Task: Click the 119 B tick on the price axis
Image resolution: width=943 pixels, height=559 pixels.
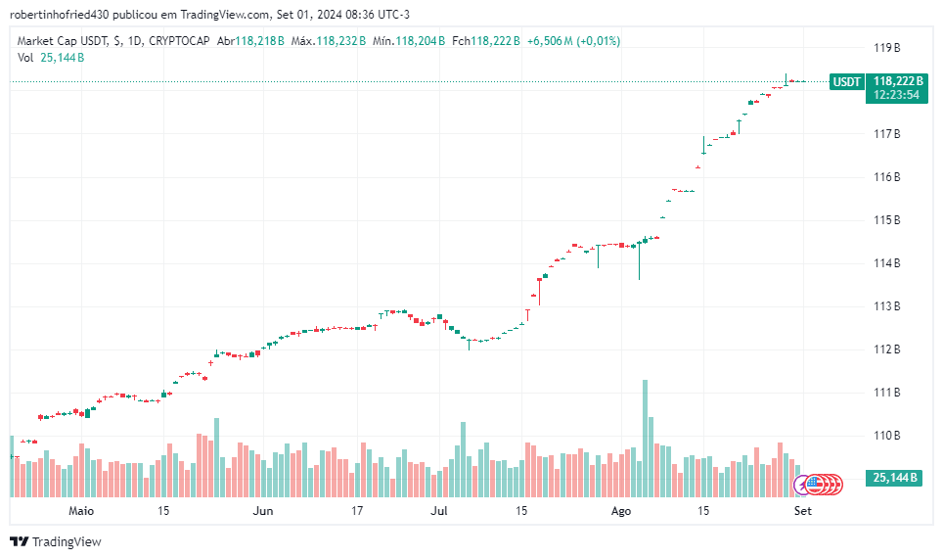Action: (886, 47)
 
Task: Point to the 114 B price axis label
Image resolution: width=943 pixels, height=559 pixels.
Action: (886, 262)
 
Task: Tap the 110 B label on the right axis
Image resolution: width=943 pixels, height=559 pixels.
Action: (886, 435)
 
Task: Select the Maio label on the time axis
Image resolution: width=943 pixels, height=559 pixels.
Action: (81, 510)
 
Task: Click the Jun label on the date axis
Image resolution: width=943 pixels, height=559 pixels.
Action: (262, 510)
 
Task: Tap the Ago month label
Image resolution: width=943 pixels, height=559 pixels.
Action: (620, 510)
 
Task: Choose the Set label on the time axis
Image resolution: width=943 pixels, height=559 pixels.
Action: (802, 510)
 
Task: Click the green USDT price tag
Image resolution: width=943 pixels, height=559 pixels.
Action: (846, 81)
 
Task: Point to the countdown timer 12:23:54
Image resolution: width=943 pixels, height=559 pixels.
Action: (897, 95)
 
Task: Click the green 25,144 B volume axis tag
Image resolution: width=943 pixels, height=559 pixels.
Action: (894, 478)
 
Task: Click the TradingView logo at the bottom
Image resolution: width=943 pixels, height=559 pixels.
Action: (56, 541)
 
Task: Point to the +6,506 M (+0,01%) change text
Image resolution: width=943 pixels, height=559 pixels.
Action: (573, 41)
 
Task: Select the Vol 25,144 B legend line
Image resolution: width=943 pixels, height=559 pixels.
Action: (51, 57)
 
